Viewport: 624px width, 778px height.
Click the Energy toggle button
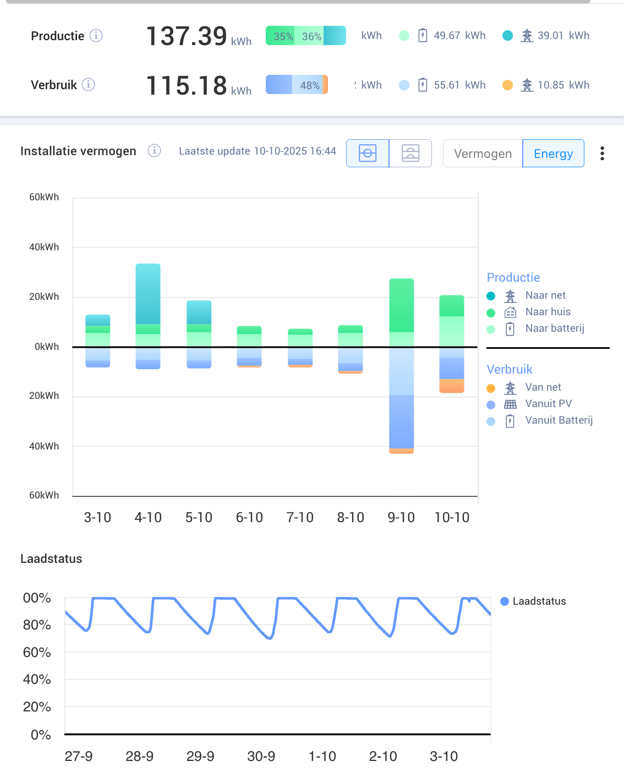553,154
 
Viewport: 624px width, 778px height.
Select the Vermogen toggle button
483,154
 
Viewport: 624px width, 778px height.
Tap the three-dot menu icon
602,154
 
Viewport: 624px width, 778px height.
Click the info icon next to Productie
96,36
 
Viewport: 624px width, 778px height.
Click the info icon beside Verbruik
89,85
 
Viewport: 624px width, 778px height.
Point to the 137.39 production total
187,36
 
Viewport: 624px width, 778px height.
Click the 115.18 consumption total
187,86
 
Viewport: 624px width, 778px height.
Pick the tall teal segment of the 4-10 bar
148,294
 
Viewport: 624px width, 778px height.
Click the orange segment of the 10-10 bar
452,386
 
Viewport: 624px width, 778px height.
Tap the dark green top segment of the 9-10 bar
401,305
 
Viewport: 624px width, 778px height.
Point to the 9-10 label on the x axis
401,518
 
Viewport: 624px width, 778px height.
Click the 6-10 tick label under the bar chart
249,518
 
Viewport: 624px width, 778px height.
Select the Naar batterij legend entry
554,328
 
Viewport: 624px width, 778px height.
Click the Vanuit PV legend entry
548,404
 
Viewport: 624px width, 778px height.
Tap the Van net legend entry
543,387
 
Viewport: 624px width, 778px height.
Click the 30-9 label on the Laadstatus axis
261,757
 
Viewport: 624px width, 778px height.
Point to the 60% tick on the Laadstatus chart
37,653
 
